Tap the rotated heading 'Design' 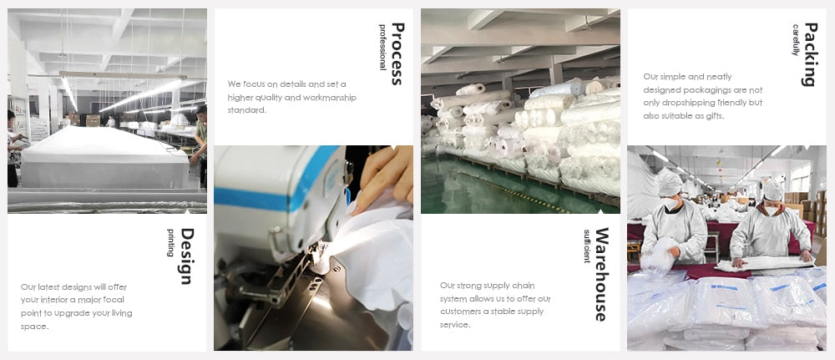pos(186,256)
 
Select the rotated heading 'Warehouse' pos(601,274)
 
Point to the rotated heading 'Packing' pos(809,53)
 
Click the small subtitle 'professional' pos(382,48)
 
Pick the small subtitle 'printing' pos(170,242)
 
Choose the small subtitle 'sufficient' pos(586,246)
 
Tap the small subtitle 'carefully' pos(796,40)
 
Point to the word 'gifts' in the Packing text pos(701,115)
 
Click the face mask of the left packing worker pos(671,202)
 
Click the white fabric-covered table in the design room pos(104,158)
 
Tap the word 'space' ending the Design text pos(34,327)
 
